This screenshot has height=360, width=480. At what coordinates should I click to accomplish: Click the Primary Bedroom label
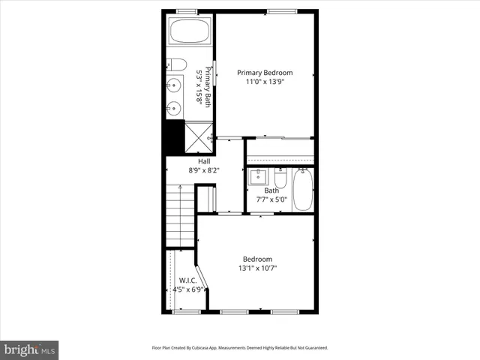tap(265, 73)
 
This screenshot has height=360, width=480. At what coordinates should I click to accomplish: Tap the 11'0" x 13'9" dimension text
tap(265, 82)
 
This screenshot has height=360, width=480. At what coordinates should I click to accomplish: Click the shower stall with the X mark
tap(199, 135)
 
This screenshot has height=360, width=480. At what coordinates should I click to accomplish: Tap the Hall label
tap(204, 161)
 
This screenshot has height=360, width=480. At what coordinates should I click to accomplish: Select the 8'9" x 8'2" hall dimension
tap(204, 170)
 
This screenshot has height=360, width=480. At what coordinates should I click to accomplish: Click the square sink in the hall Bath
tap(258, 178)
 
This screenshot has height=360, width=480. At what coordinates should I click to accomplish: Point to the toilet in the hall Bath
tap(280, 179)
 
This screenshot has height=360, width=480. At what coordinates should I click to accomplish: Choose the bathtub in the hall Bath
tap(303, 189)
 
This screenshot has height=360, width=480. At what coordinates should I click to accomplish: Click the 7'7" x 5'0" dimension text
tap(271, 199)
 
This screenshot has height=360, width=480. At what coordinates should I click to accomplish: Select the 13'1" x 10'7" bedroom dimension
tap(257, 268)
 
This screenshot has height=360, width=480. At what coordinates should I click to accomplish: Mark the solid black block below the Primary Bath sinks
tap(173, 136)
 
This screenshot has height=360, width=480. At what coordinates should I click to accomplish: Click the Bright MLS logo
tap(30, 349)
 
